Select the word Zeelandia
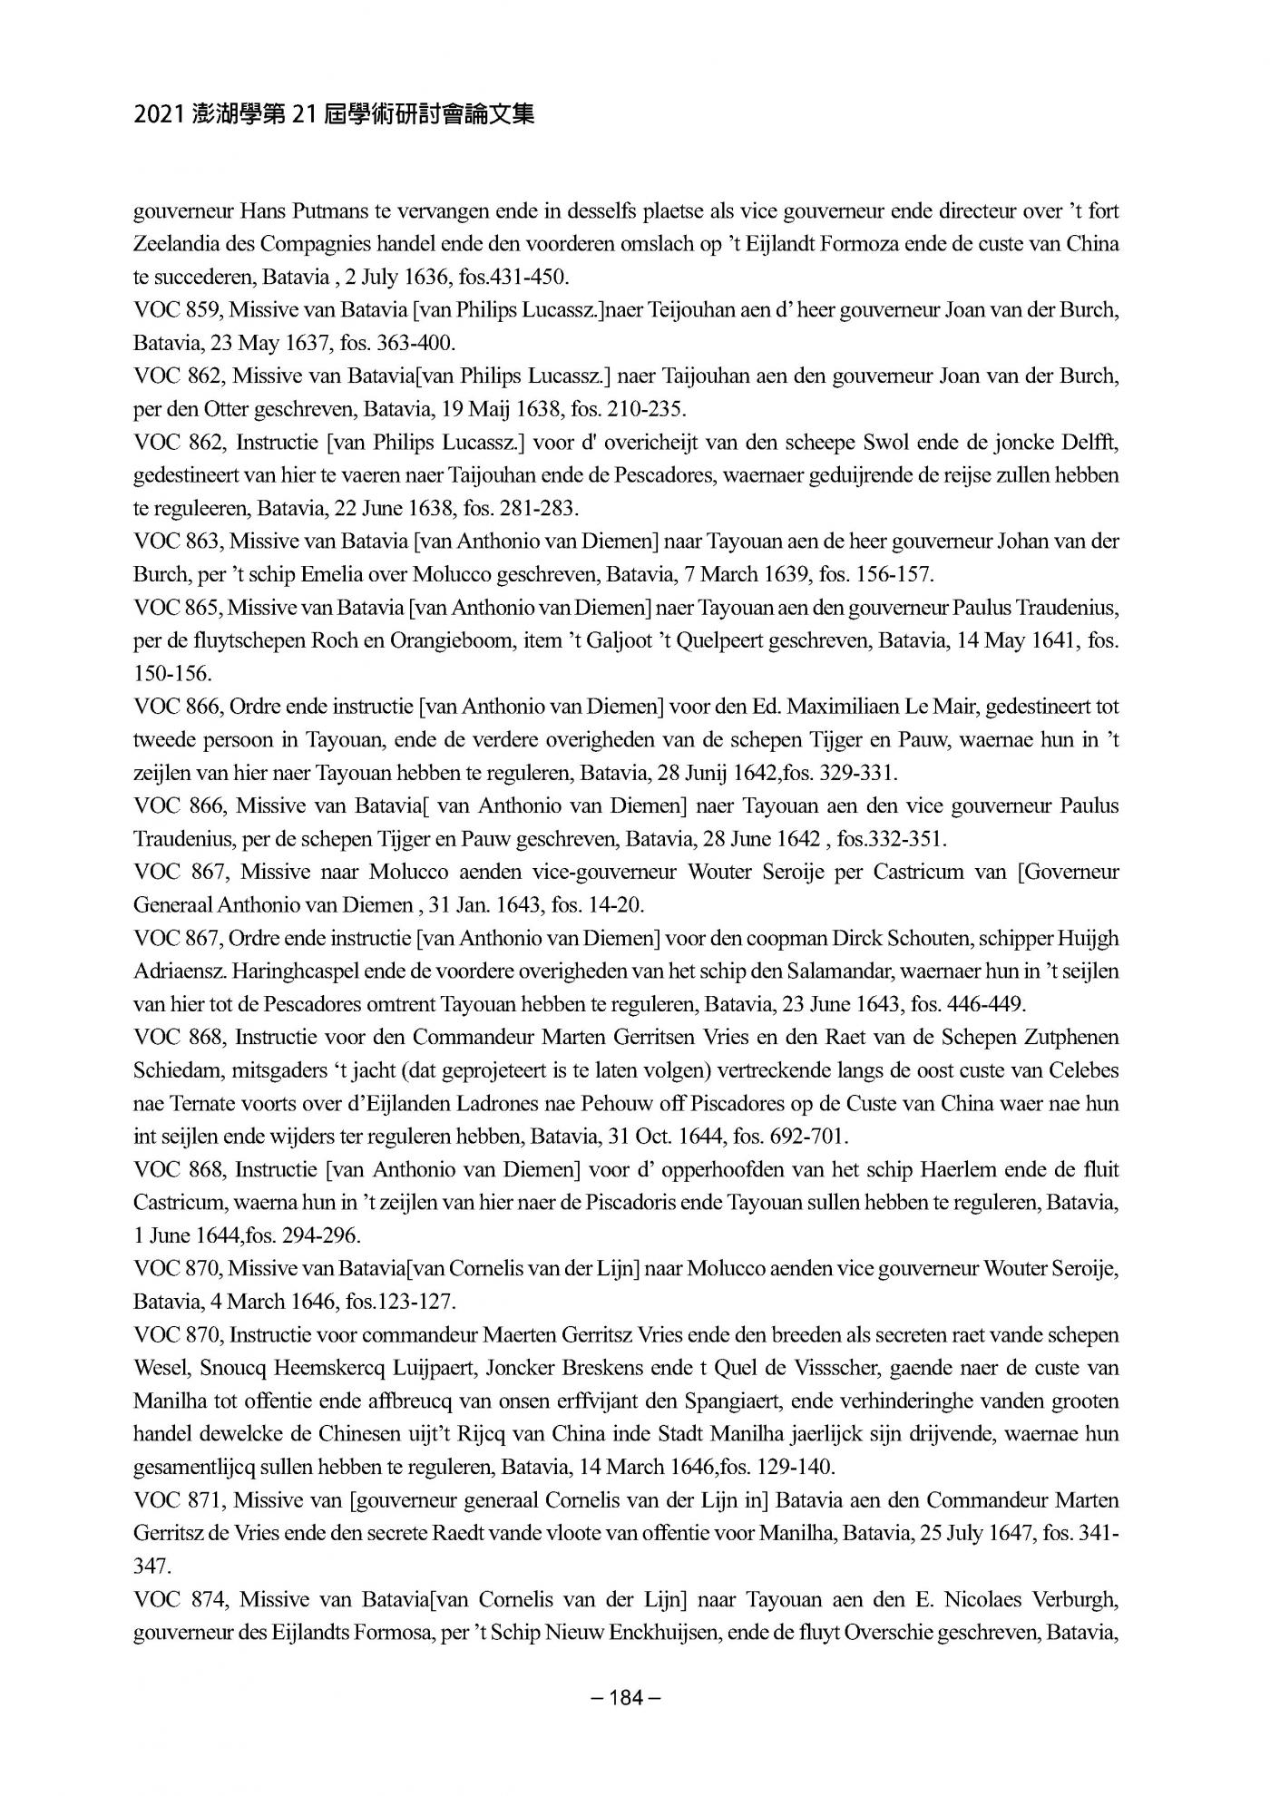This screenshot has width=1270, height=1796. (x=175, y=245)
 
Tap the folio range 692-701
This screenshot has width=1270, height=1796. (x=808, y=1137)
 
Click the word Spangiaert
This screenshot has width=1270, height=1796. (x=757, y=1401)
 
